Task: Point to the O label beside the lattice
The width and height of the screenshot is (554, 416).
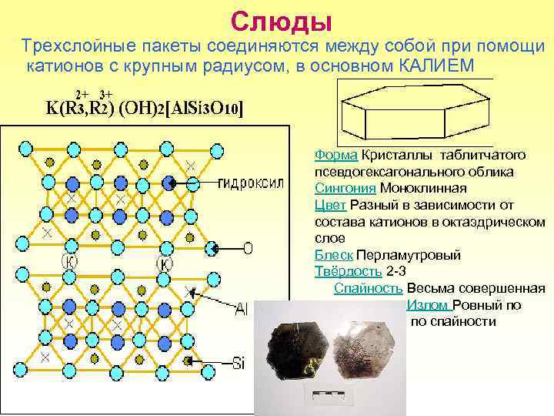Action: click(247, 248)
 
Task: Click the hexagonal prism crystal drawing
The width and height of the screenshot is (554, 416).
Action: click(412, 112)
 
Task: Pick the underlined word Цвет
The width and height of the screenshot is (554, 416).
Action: click(330, 204)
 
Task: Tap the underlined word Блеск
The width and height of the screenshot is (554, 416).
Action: click(334, 255)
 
